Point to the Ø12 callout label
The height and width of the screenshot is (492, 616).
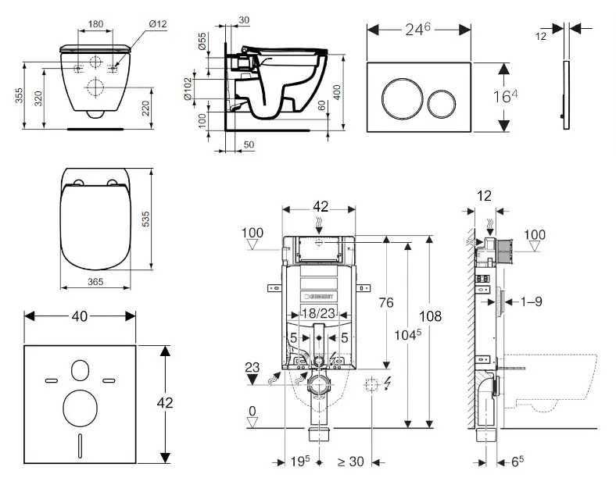coord(159,23)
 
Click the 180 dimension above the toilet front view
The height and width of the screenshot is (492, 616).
coord(96,24)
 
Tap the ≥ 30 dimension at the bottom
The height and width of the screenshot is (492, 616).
coord(350,462)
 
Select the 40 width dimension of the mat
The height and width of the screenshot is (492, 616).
coord(80,316)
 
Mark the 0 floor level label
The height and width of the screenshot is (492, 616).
coord(252,411)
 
